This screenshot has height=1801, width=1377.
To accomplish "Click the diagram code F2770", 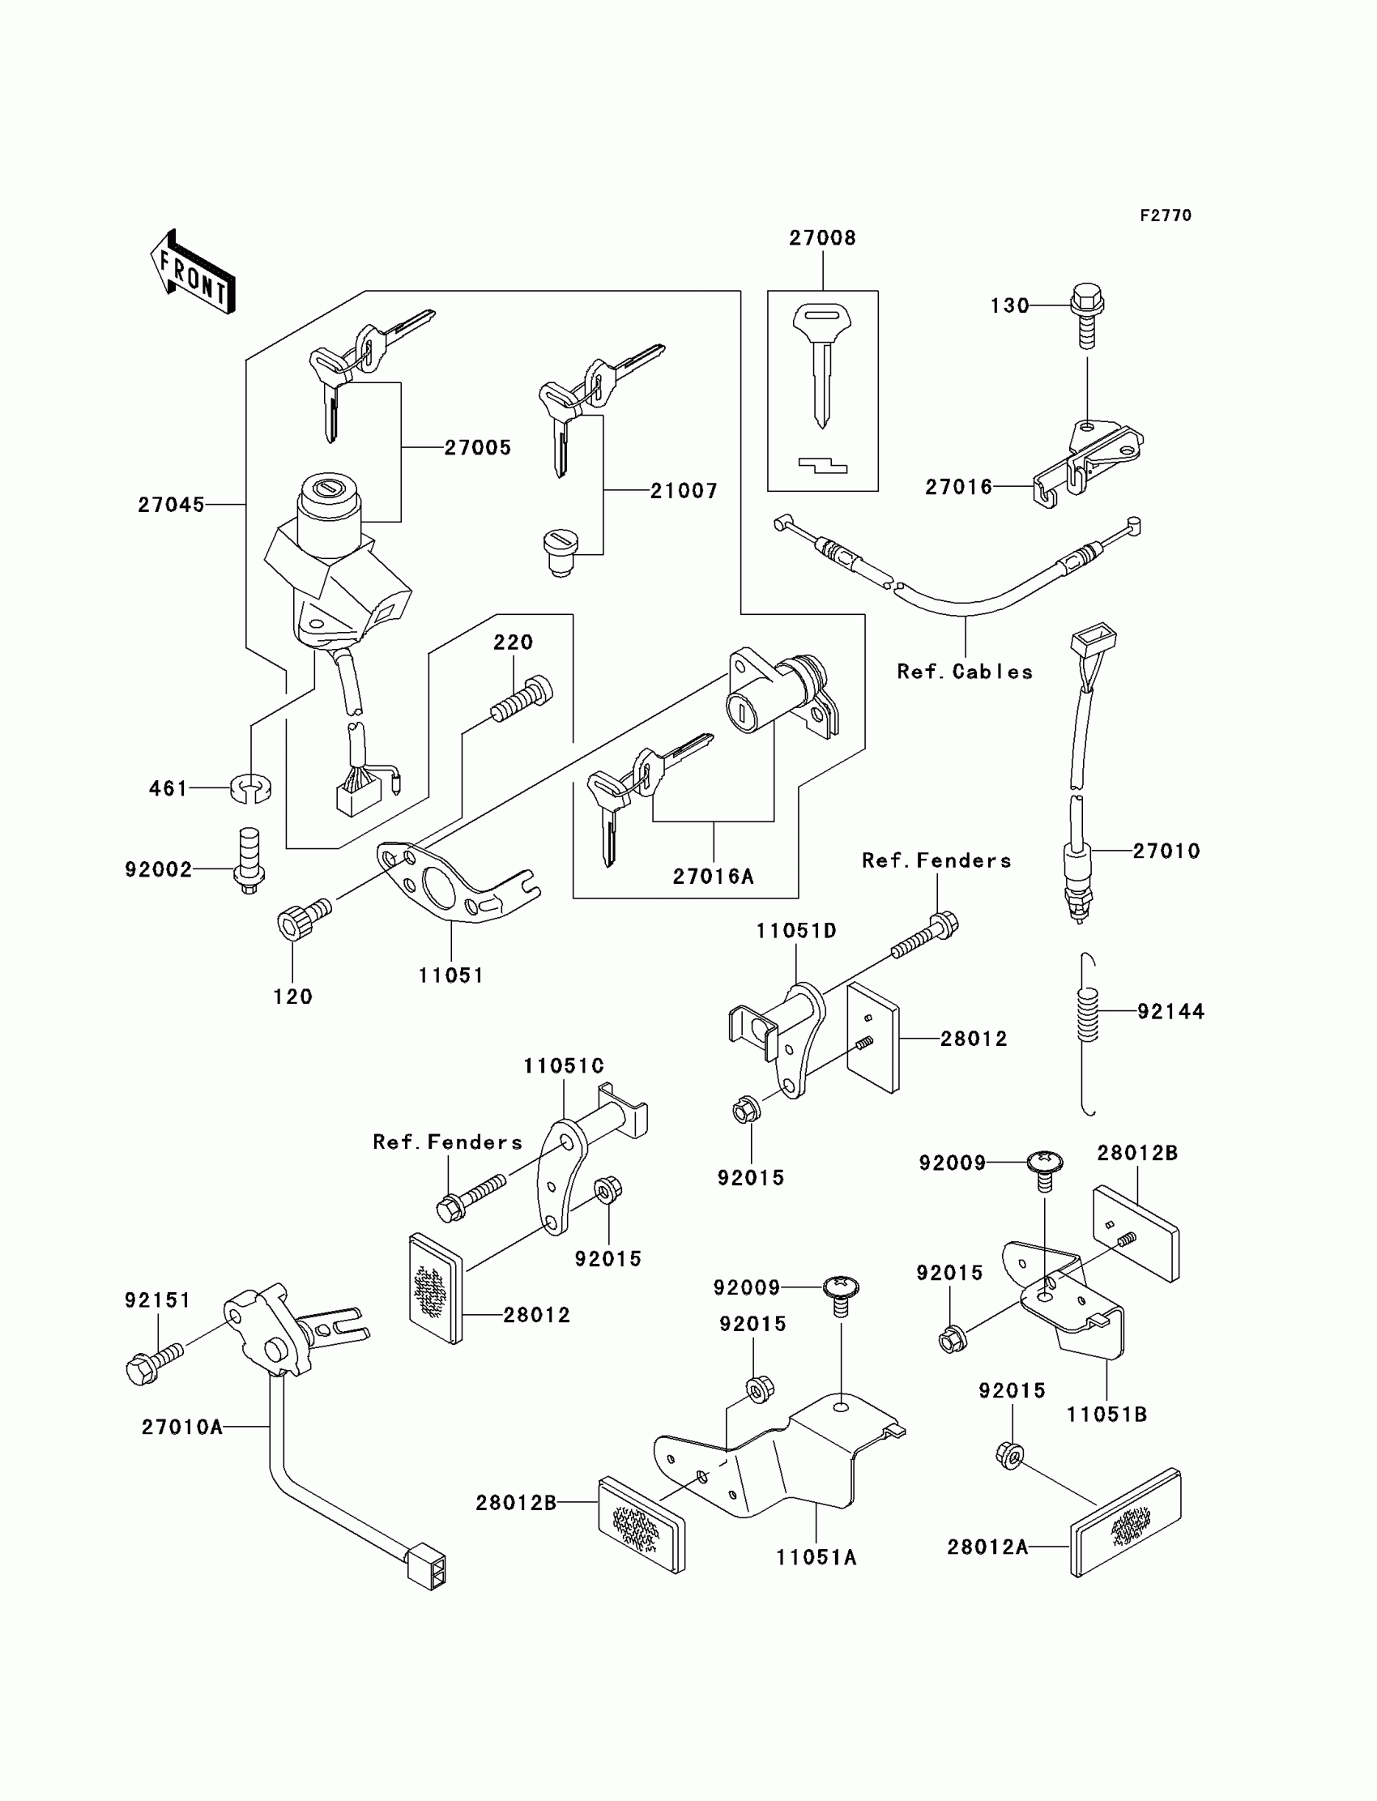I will click(x=1165, y=216).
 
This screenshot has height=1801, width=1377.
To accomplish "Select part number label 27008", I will click(x=822, y=237).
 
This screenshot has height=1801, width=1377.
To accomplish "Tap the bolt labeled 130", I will click(x=1087, y=316).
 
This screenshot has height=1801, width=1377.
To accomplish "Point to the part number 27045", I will click(x=170, y=505).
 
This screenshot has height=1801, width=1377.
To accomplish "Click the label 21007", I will click(x=684, y=491).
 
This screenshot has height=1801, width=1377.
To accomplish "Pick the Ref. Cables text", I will click(x=964, y=672).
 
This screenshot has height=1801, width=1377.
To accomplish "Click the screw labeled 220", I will click(x=522, y=699).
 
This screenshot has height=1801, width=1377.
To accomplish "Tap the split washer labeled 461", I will click(x=251, y=787).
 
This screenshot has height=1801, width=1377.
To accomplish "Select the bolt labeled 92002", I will click(x=249, y=861).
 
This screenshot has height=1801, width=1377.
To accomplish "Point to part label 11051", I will click(x=451, y=975).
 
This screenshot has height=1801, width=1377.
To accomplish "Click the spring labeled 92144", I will click(x=1087, y=1015).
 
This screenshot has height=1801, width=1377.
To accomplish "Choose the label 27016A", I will click(x=713, y=877).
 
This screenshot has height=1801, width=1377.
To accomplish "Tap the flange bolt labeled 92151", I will click(x=154, y=1365).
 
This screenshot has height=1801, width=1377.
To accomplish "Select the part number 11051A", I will click(x=816, y=1557).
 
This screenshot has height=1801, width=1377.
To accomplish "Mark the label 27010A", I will click(x=182, y=1428).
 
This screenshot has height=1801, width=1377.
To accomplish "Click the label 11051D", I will click(x=796, y=931).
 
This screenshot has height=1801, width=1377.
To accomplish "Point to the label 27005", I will click(x=477, y=447).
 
